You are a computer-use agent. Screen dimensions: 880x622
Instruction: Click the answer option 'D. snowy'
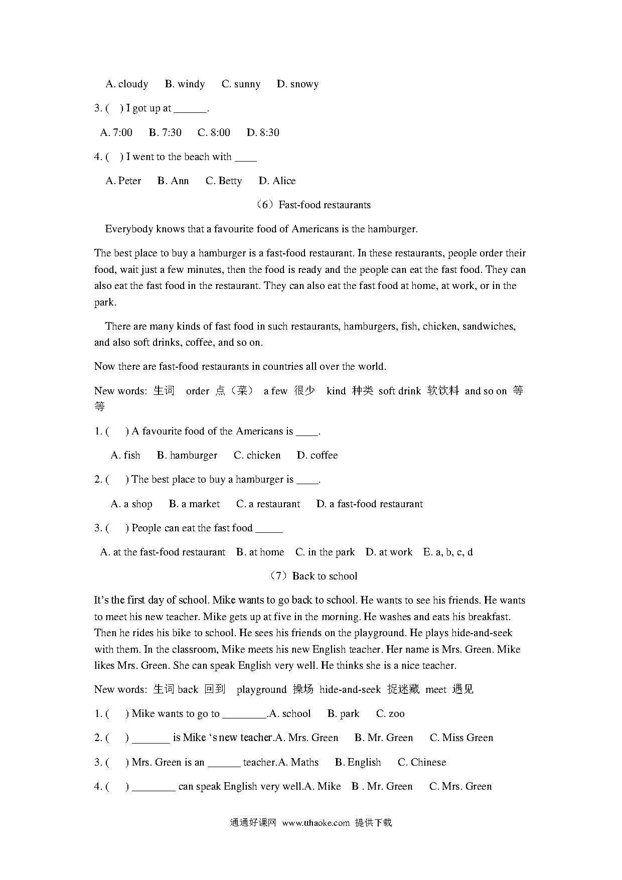click(x=297, y=84)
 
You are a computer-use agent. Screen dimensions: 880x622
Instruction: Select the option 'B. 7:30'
click(x=165, y=133)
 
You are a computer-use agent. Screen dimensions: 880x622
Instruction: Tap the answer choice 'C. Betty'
click(x=224, y=181)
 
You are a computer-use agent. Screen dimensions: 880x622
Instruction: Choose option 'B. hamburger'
click(x=187, y=456)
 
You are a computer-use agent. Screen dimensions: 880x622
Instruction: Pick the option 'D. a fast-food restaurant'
click(x=370, y=504)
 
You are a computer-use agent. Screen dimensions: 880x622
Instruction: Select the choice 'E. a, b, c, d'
click(x=448, y=552)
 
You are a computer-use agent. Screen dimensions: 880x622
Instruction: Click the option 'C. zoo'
click(x=390, y=714)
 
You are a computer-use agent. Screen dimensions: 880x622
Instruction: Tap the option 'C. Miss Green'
click(x=461, y=738)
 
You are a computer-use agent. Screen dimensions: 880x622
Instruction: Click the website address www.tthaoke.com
click(x=316, y=823)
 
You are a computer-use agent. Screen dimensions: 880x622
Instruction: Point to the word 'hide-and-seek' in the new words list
click(x=350, y=690)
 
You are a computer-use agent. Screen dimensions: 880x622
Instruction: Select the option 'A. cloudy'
click(x=127, y=84)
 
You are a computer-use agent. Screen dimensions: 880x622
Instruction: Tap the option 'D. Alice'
click(x=277, y=181)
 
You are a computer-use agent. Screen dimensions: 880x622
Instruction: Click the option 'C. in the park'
click(x=325, y=552)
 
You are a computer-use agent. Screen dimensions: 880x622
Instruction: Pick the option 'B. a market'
click(x=195, y=504)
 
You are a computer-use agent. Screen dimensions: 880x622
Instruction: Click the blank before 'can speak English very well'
click(x=153, y=787)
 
